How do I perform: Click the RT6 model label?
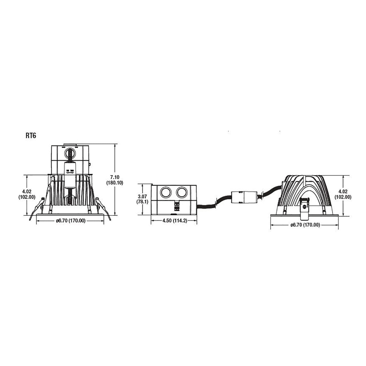pos(31,136)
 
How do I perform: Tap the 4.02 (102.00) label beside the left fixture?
pos(27,194)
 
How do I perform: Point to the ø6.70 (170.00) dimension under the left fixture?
pos(71,221)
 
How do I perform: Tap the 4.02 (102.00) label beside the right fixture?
pos(343,194)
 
